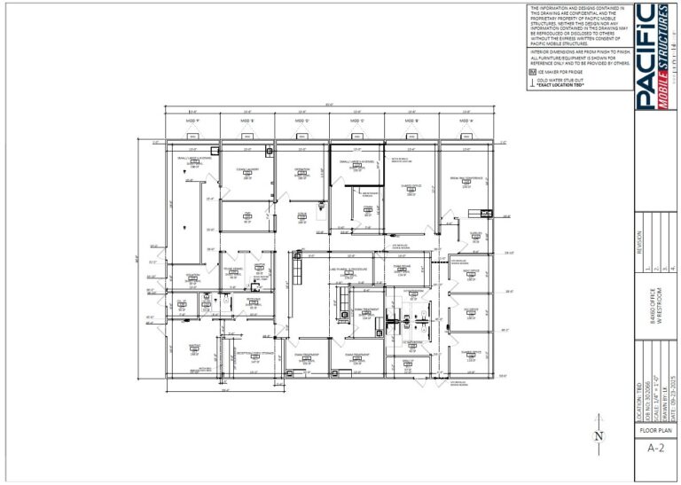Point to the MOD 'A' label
point(466,120)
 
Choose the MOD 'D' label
point(301,120)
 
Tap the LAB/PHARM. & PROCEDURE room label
point(348,269)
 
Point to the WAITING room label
point(193,347)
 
